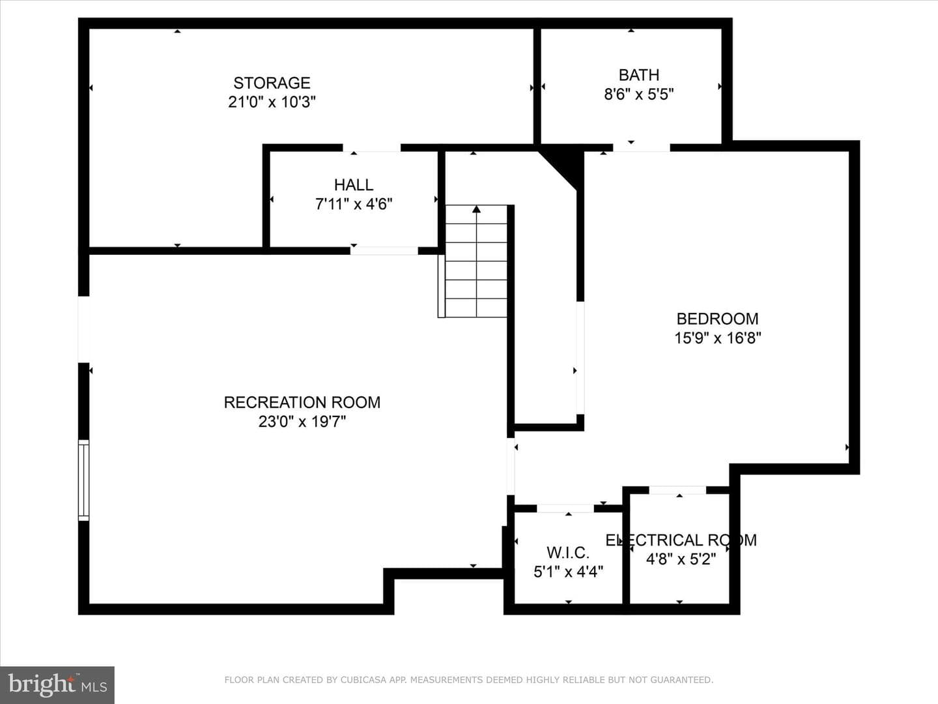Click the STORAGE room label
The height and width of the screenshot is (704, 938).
pos(272,83)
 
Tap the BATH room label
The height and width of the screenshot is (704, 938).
pos(639,75)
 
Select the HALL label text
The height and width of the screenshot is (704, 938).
pos(354,184)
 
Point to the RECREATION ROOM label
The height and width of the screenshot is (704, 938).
pos(302,402)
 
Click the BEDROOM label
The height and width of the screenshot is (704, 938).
pos(717,319)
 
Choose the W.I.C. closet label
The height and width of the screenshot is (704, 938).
pos(568,553)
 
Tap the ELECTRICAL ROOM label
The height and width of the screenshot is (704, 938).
pos(681,540)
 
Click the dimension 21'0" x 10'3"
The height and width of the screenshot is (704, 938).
pos(272,102)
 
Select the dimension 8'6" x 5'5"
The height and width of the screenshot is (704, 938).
pos(639,94)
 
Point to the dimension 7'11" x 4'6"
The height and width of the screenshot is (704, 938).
pos(354,204)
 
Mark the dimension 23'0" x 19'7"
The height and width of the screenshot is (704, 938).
pos(302,422)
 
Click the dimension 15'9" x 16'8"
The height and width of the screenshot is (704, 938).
pos(717,338)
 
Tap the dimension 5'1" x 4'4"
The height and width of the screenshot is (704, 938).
pos(568,572)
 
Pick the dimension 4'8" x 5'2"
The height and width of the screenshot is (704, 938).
pos(681,559)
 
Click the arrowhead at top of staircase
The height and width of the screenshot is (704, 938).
pos(476,209)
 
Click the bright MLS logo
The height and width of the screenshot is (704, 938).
pos(57,684)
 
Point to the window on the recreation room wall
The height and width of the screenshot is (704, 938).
pos(84,480)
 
